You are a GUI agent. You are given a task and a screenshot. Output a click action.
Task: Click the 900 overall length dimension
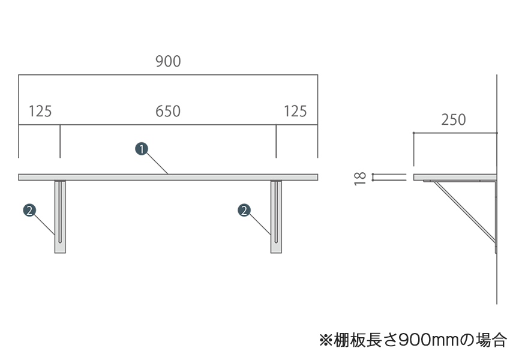tap(168, 61)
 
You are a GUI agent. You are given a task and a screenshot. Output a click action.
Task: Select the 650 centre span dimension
tap(168, 111)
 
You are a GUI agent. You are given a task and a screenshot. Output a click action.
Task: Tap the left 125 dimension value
tap(40, 111)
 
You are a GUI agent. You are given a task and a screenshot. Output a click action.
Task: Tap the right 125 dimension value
tap(295, 111)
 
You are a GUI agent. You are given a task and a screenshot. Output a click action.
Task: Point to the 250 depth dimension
tap(454, 120)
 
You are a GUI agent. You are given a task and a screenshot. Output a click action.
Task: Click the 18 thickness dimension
tap(360, 177)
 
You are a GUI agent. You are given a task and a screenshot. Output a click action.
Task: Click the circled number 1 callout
tap(141, 149)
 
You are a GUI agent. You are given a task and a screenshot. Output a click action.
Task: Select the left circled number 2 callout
tap(29, 210)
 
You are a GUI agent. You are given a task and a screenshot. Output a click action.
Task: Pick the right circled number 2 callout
tap(244, 210)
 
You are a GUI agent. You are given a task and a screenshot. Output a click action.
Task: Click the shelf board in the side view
tap(455, 177)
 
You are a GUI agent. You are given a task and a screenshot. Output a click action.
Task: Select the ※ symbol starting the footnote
tap(326, 340)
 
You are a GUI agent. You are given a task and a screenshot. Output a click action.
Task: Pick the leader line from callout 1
tap(157, 164)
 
